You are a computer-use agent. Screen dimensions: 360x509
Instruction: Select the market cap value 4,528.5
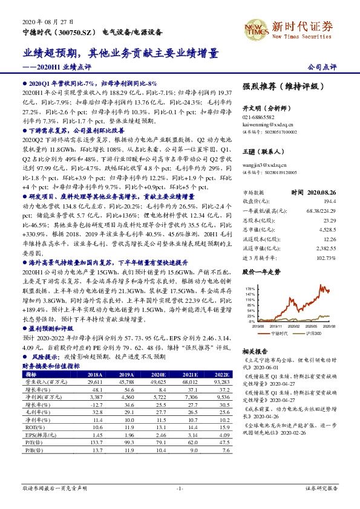click(327, 230)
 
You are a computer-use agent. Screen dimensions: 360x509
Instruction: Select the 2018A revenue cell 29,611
click(96, 383)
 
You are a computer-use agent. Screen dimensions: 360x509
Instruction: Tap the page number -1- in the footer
click(180, 487)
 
